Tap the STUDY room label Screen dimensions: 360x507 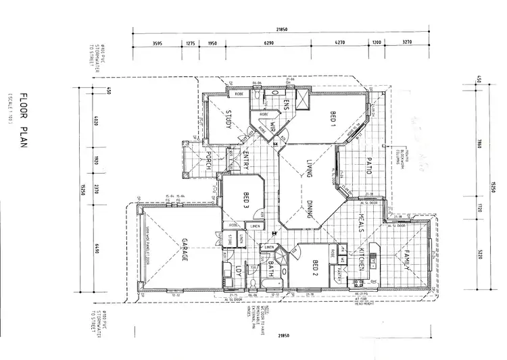[228, 120]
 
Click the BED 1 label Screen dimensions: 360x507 [333, 120]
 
